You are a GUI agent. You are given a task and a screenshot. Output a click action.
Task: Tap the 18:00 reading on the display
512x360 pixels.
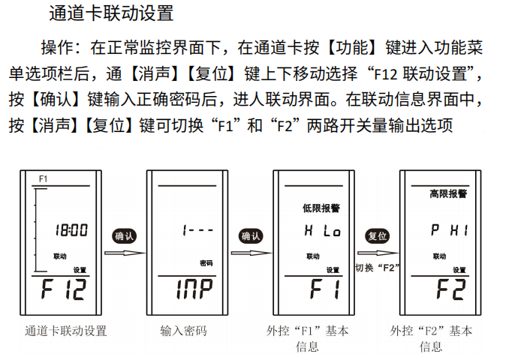(73, 230)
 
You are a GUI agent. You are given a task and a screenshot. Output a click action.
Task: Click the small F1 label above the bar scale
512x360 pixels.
(43, 179)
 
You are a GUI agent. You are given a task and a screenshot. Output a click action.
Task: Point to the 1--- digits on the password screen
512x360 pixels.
(197, 231)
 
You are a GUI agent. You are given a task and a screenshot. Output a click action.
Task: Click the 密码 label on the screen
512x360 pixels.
(206, 263)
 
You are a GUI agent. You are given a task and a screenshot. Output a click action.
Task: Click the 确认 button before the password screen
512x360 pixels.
(124, 236)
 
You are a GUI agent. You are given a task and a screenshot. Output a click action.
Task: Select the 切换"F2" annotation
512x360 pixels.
(376, 267)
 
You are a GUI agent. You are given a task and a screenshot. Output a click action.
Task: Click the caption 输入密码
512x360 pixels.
(183, 330)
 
